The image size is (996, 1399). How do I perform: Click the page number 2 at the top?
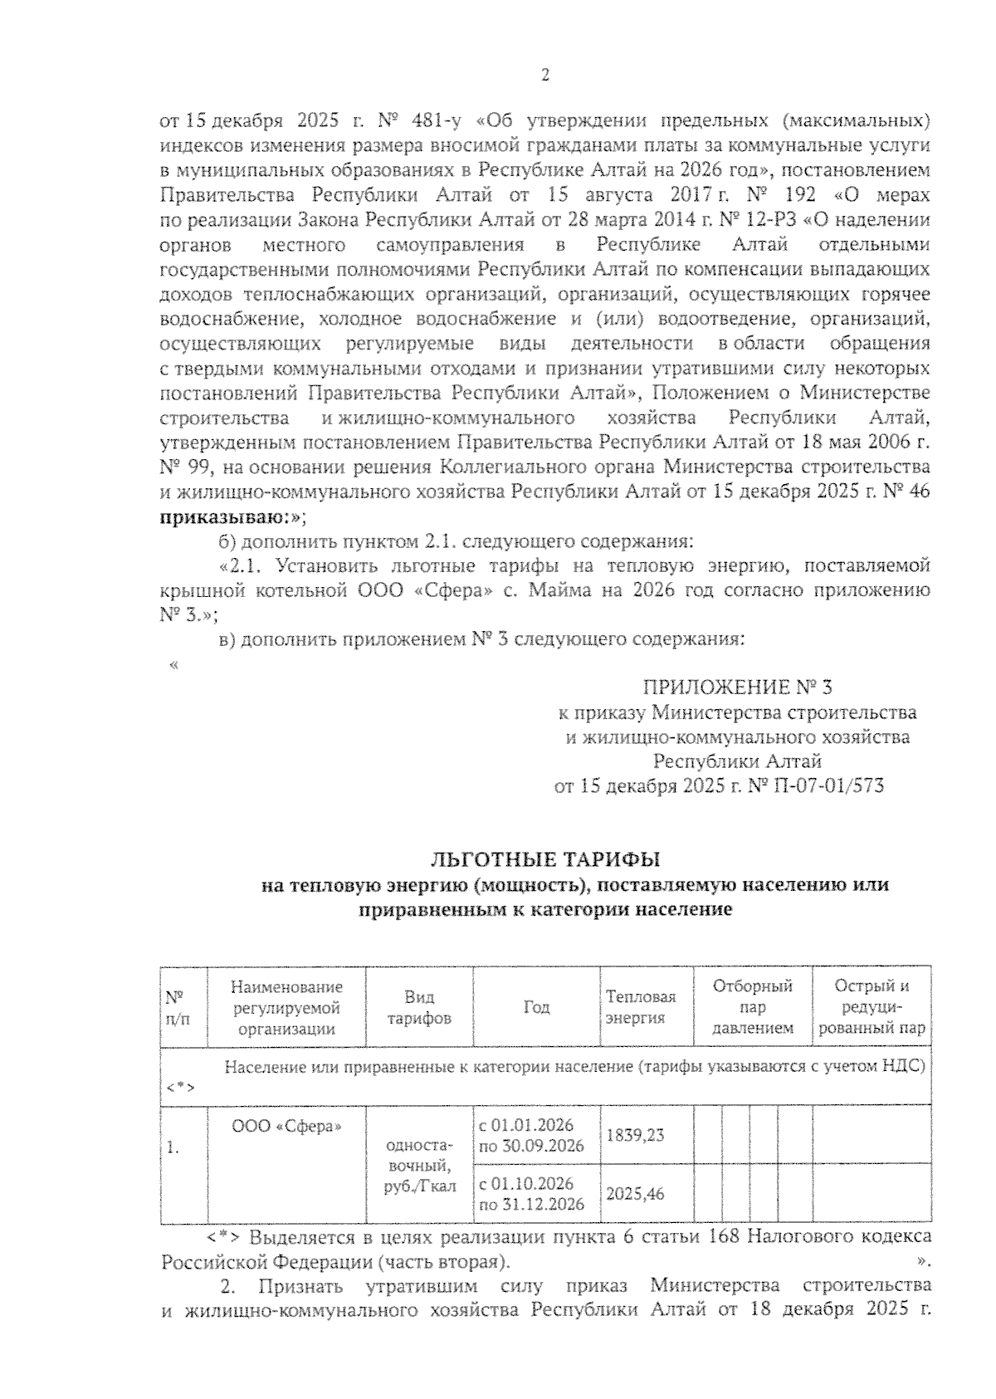point(545,76)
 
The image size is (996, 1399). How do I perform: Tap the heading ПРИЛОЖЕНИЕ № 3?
point(736,687)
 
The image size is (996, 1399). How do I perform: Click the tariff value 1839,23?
point(636,1134)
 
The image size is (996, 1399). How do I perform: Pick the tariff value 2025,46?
point(636,1194)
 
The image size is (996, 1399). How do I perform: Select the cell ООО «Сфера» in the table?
point(287,1127)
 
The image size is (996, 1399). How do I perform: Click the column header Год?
point(536,1007)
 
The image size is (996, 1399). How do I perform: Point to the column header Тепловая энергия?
point(640,1007)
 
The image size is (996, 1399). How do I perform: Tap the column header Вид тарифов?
point(419,1007)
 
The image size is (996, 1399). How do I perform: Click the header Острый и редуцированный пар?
point(871,1007)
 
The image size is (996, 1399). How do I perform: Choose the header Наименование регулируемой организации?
point(287,1007)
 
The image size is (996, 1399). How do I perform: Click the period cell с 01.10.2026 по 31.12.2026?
point(531,1193)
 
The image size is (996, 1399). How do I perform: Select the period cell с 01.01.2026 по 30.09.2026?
point(531,1135)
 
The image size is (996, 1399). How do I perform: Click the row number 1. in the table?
point(173,1148)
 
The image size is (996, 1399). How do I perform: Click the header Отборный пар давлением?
point(752,1007)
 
